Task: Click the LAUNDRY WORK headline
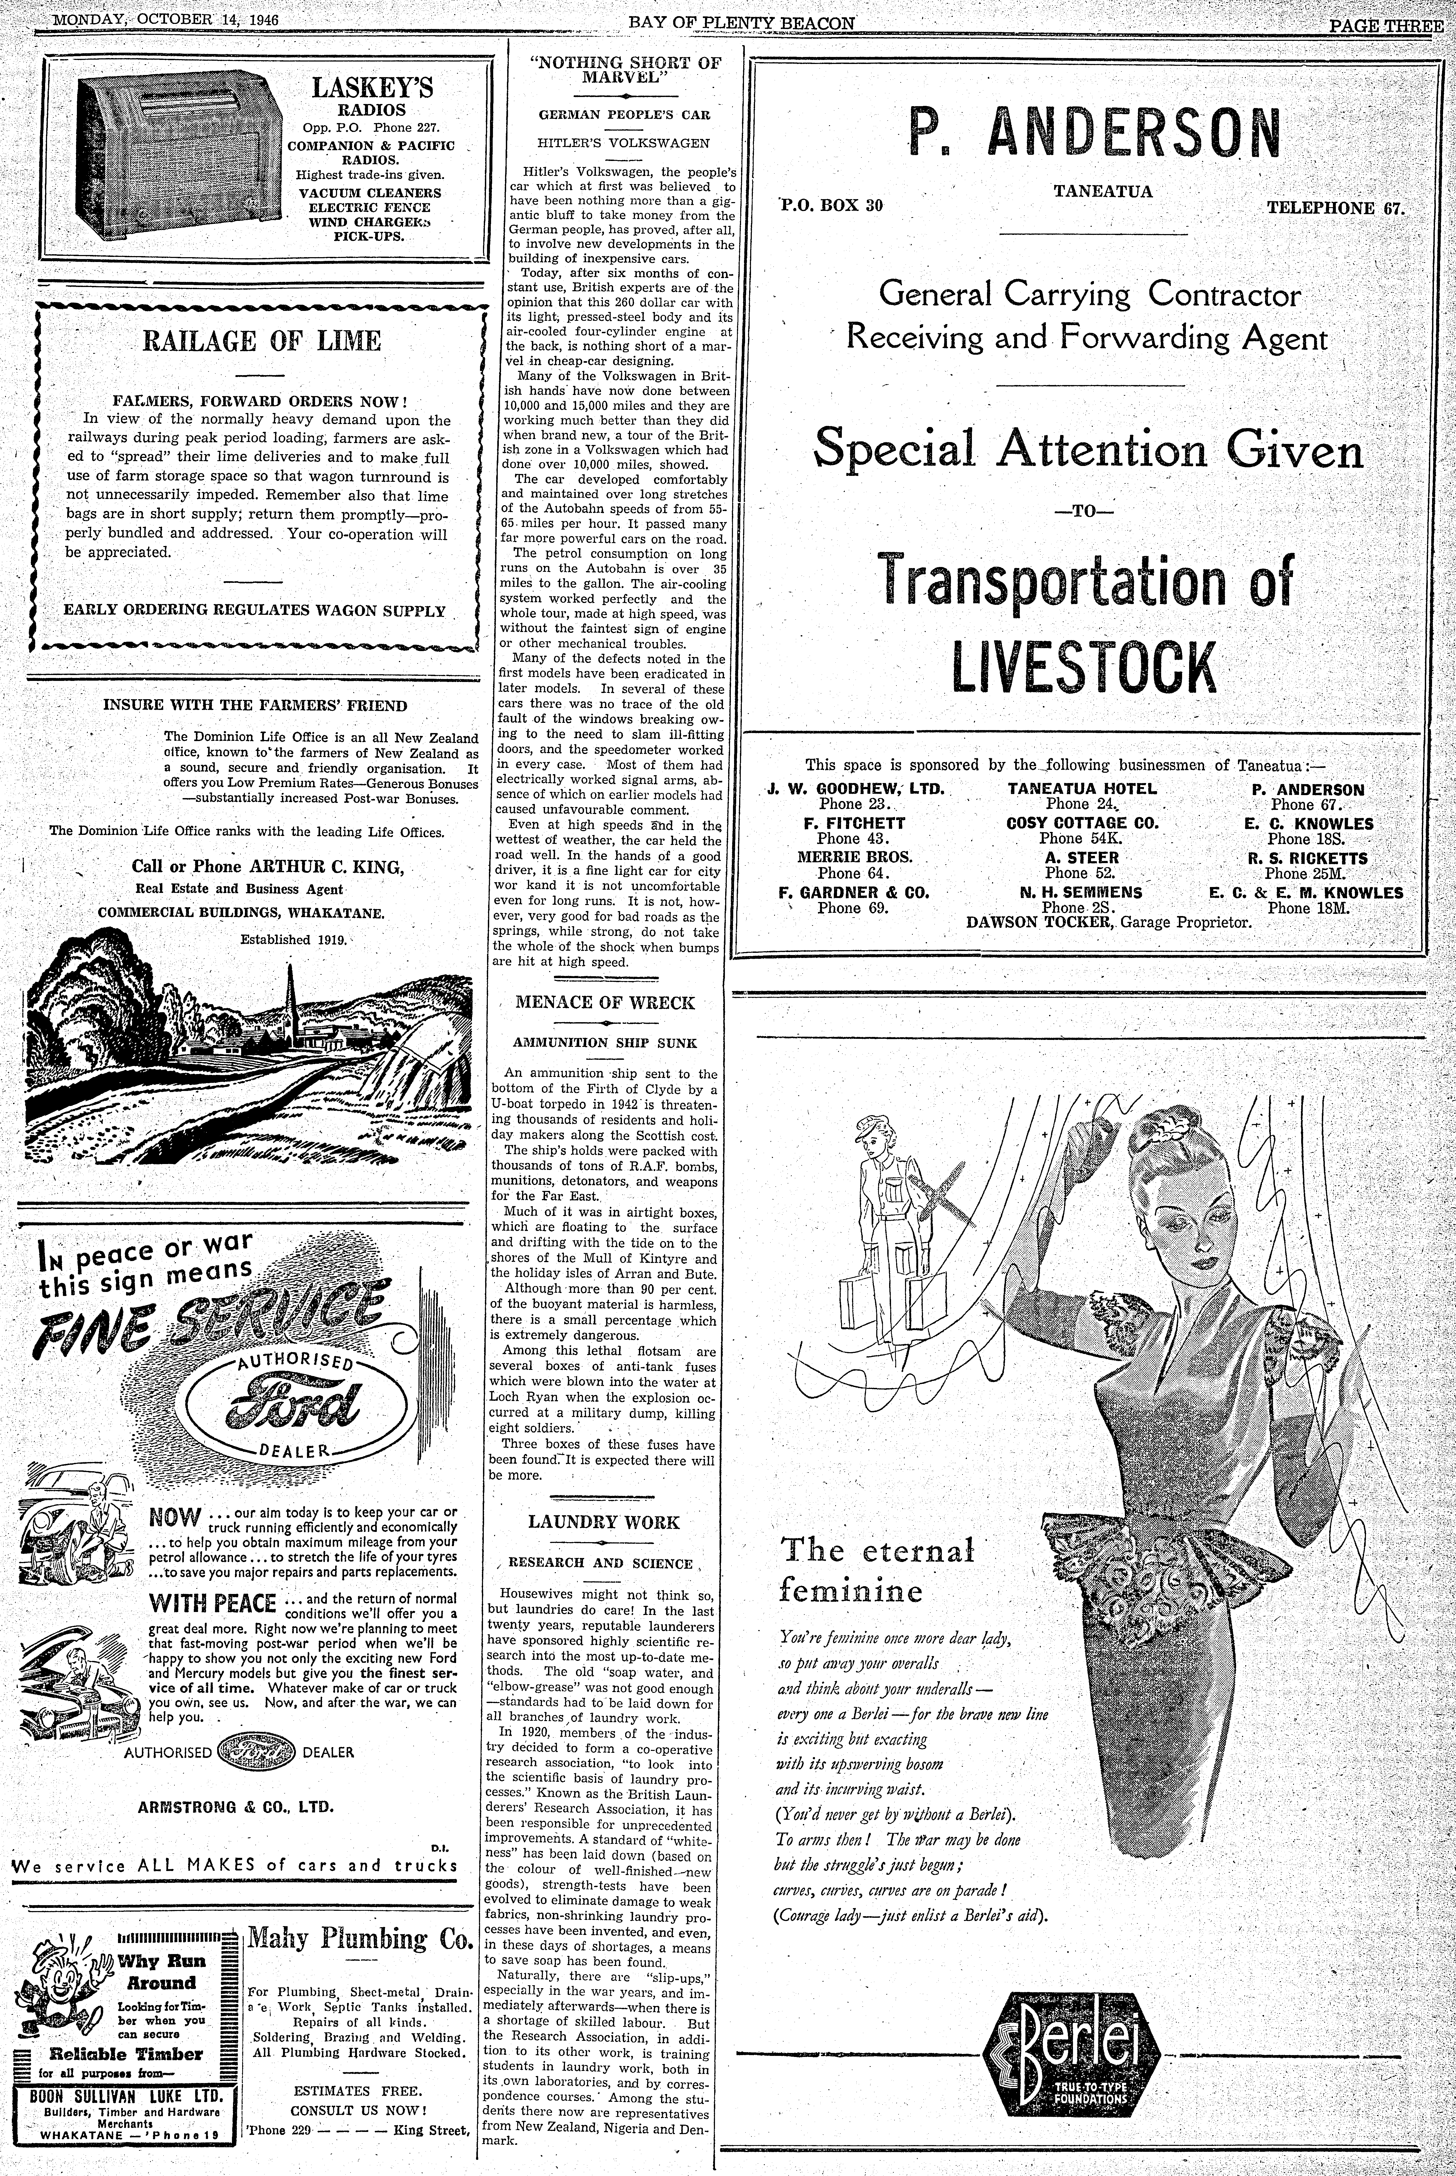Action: pyautogui.click(x=604, y=1523)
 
